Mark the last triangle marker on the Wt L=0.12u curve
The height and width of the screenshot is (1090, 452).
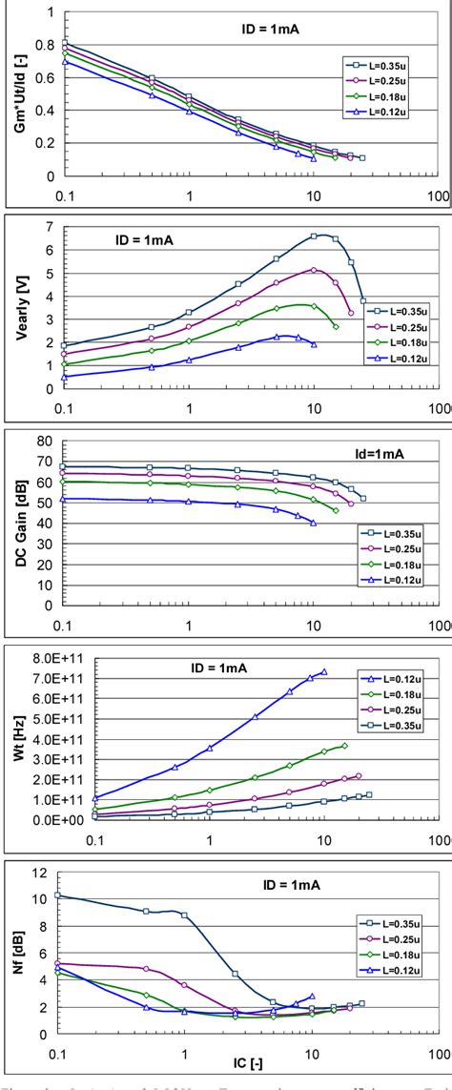[324, 671]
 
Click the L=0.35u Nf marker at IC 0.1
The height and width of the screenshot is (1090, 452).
[59, 895]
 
